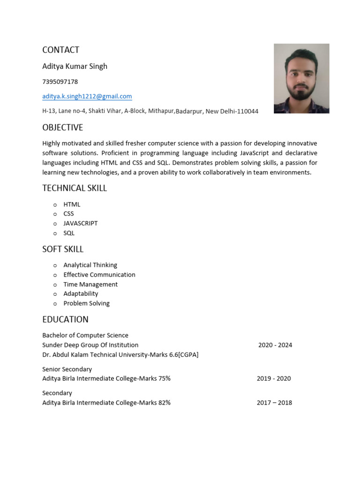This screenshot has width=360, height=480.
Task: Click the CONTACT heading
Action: (x=60, y=50)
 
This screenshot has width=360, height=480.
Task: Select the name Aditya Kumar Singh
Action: (x=75, y=66)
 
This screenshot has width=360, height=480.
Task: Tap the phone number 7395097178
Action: (x=60, y=82)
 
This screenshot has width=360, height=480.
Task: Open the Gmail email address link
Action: (x=87, y=96)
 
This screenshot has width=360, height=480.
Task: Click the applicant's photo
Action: (x=301, y=78)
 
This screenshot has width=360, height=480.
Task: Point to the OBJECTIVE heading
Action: (x=62, y=127)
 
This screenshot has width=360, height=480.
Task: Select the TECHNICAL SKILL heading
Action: (x=75, y=188)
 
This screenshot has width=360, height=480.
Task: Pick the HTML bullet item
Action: (x=72, y=204)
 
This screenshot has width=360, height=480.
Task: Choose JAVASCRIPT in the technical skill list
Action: (x=81, y=223)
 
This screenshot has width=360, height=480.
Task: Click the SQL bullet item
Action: (x=69, y=233)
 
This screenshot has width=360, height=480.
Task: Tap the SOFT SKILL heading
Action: (x=63, y=249)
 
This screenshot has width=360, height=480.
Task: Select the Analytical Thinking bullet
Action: (x=90, y=265)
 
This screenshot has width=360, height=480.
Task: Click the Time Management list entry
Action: (x=90, y=284)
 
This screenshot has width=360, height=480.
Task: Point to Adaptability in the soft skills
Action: (x=81, y=293)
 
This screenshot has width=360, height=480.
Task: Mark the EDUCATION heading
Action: (x=65, y=320)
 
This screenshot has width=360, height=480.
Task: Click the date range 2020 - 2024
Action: (x=275, y=345)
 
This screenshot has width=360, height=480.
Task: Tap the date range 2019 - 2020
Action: (x=274, y=378)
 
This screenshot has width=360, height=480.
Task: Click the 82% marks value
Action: (x=164, y=403)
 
